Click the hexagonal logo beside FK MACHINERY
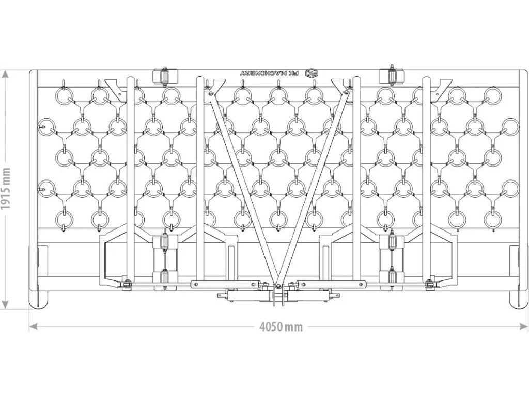coord(311,73)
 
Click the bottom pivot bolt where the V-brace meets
coord(277,285)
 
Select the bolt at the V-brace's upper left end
coord(209,93)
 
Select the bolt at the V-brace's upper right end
coord(346,93)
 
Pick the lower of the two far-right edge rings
coord(510,188)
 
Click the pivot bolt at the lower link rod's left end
coord(126,284)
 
